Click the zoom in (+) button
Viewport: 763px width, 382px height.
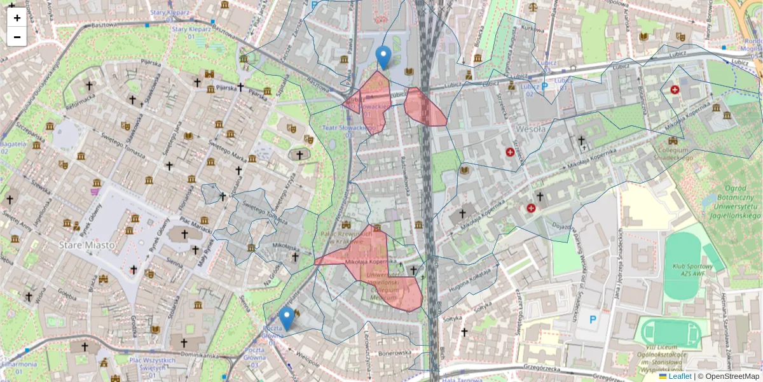click(17, 18)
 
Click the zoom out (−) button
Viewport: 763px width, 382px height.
click(17, 37)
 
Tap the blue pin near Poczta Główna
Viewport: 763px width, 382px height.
click(287, 318)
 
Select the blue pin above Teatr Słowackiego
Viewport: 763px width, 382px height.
click(383, 57)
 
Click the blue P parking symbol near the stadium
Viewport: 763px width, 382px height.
click(593, 320)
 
